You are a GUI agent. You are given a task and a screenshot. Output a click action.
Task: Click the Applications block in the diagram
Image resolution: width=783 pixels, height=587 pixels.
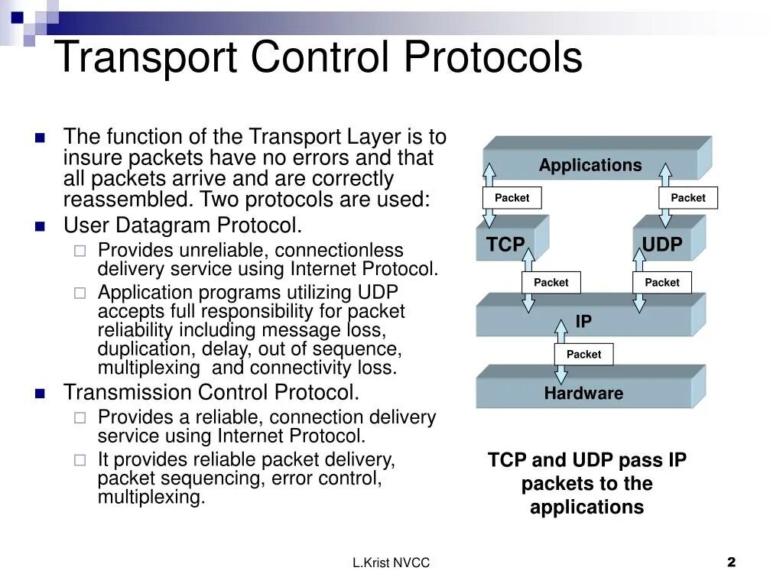(x=590, y=165)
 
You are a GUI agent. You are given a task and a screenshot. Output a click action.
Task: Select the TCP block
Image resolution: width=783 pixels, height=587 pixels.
(x=506, y=245)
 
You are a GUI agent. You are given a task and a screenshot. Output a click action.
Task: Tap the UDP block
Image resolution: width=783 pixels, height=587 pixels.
(x=661, y=245)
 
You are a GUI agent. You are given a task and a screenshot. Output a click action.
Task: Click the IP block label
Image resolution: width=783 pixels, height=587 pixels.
(x=583, y=321)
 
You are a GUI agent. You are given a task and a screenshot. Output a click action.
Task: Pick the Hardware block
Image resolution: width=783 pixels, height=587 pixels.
(x=583, y=394)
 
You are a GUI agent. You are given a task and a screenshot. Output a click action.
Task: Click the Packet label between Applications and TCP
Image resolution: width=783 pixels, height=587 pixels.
(x=512, y=198)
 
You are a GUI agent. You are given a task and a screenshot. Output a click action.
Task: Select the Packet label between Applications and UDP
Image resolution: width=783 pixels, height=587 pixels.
(x=688, y=198)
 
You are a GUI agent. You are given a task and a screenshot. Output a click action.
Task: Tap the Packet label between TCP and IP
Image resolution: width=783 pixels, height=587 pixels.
(x=551, y=283)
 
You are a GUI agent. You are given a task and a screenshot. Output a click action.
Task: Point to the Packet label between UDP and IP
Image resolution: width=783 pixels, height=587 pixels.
(x=661, y=283)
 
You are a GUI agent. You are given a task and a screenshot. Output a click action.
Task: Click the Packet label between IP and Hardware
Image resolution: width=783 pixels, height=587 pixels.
(x=583, y=355)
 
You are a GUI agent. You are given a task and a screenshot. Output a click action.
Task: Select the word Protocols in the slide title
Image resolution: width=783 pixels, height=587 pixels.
(x=493, y=57)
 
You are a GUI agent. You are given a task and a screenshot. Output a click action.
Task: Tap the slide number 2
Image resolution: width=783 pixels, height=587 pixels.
(x=731, y=563)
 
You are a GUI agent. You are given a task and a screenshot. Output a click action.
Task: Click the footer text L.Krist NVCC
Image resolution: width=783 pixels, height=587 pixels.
(x=391, y=563)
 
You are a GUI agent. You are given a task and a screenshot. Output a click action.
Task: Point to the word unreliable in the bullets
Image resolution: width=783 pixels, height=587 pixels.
(x=225, y=251)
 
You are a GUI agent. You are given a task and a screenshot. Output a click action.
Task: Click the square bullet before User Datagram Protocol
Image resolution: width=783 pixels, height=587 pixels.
(x=41, y=226)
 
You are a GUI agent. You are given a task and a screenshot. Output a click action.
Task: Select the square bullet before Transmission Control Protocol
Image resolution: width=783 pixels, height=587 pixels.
(x=41, y=394)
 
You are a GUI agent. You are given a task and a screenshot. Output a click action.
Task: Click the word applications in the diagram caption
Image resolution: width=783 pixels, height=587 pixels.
(x=586, y=508)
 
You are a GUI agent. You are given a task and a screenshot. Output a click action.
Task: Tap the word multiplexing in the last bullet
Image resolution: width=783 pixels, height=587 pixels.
(x=151, y=498)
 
